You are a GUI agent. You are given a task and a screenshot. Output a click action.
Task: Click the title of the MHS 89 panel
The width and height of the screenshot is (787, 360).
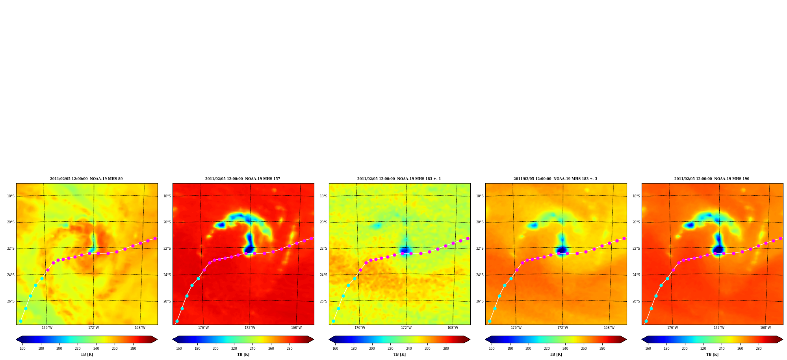(86, 179)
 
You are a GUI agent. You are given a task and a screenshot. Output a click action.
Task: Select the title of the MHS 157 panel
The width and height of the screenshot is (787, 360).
(243, 179)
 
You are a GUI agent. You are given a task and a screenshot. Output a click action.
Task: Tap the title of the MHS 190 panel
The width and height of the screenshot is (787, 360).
(712, 179)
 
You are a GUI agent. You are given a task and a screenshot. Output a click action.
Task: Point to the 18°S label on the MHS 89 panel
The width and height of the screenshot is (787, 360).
(11, 196)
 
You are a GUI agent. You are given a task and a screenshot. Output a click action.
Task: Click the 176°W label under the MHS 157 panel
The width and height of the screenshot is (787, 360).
(203, 328)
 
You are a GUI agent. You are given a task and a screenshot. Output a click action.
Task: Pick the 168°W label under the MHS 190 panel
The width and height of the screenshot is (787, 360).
(765, 328)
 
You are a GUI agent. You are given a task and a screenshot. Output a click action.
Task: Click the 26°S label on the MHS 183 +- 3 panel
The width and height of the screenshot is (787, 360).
(480, 301)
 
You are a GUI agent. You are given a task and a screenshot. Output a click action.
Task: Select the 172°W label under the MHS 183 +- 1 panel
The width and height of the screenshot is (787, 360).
(406, 328)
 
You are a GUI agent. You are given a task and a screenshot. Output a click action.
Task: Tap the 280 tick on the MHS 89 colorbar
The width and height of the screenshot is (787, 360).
(133, 348)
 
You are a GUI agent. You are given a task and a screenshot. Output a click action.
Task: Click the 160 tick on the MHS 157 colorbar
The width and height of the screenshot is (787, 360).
(179, 348)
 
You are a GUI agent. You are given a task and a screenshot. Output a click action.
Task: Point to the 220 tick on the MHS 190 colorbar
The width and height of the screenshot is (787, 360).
(703, 348)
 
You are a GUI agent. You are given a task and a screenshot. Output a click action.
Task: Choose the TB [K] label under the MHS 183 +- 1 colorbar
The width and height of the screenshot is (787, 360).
(399, 354)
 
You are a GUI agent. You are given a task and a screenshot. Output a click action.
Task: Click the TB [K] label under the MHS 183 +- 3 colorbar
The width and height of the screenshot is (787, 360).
(556, 354)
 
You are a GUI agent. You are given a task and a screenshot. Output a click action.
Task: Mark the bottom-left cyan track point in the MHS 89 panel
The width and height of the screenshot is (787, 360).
(20, 321)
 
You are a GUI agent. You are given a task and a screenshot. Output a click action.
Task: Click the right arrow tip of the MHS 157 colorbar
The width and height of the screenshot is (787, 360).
(314, 340)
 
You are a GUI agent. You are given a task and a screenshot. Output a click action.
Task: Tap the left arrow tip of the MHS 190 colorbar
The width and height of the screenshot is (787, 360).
(642, 340)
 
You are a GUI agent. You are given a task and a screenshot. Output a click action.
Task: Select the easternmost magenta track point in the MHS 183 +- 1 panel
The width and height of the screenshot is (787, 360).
(468, 238)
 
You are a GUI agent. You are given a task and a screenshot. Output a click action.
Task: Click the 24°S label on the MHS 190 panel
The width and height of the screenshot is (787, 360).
(636, 275)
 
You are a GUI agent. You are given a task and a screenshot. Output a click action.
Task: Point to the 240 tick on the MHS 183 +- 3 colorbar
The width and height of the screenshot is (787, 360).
(565, 348)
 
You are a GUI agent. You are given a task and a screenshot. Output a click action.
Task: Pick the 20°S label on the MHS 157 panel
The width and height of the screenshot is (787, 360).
(167, 222)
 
